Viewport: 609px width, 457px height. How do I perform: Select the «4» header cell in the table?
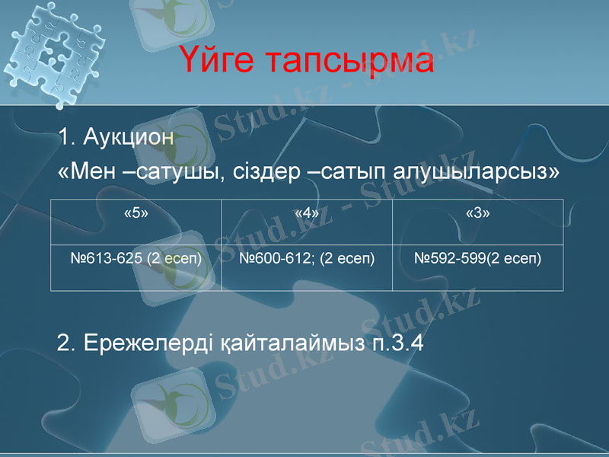coord(306,213)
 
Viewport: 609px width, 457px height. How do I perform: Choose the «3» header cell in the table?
coord(477,213)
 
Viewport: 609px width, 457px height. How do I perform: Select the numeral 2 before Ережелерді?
coord(65,344)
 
